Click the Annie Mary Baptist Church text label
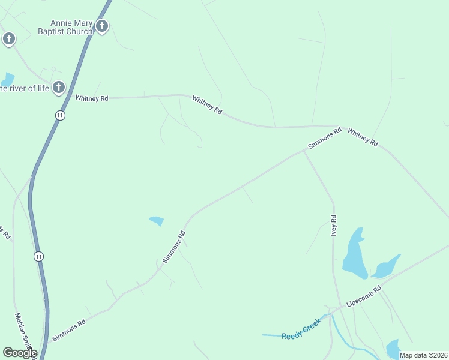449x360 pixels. (65, 26)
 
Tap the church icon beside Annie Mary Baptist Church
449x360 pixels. (102, 26)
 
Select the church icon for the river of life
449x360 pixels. (58, 88)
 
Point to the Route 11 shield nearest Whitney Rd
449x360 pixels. (60, 115)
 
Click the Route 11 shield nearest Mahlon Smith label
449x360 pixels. (38, 256)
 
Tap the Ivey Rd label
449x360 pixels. (334, 226)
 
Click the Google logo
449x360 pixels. (20, 353)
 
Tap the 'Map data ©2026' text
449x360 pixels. (423, 355)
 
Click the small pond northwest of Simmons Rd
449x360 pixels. (157, 221)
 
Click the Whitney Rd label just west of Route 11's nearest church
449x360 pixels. (91, 98)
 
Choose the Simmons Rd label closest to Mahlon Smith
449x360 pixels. (68, 330)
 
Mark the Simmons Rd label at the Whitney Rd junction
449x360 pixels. (324, 137)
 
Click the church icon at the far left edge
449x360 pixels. (8, 40)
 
